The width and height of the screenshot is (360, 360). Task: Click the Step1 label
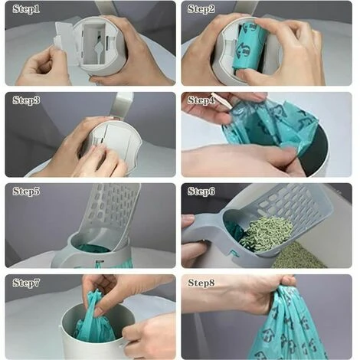click(26, 9)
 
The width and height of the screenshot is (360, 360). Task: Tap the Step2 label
click(201, 9)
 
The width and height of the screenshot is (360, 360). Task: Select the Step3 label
click(26, 100)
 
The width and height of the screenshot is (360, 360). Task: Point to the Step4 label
click(201, 100)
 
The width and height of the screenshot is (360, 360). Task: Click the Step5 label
click(26, 191)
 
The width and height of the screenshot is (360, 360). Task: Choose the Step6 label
click(201, 191)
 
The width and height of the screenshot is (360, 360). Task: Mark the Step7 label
click(26, 283)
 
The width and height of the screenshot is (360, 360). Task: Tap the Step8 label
click(201, 283)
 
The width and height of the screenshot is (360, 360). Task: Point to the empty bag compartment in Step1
click(94, 44)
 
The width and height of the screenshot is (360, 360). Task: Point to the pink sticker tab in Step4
click(222, 100)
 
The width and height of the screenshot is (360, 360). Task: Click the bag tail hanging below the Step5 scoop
click(97, 264)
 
